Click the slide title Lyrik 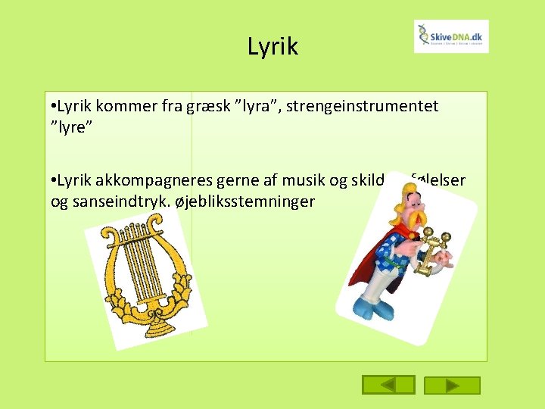pyautogui.click(x=272, y=47)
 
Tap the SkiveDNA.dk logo pyautogui.click(x=451, y=36)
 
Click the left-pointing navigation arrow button pyautogui.click(x=388, y=385)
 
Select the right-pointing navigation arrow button pyautogui.click(x=453, y=385)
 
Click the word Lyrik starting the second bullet pyautogui.click(x=73, y=183)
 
